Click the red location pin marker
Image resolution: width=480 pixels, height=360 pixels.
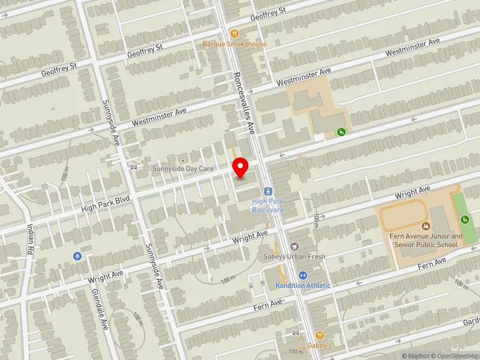[241, 167]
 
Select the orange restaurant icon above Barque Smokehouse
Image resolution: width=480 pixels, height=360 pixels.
[235, 34]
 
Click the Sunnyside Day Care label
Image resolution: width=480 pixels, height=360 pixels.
[183, 169]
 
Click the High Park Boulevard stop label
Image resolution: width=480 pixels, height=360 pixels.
[268, 205]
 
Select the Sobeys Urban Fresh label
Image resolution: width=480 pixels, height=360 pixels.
[294, 257]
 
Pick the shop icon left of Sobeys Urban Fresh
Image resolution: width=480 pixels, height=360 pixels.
[294, 247]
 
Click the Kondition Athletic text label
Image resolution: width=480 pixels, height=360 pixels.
[303, 285]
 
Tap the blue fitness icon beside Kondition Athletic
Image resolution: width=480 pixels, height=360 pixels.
[303, 275]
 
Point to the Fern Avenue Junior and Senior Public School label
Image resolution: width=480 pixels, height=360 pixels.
[426, 240]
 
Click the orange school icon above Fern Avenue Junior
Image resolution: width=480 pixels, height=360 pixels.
[426, 226]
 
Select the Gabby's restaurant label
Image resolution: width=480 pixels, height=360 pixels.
[319, 346]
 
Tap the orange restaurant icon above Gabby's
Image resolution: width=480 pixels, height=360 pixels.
[319, 335]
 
